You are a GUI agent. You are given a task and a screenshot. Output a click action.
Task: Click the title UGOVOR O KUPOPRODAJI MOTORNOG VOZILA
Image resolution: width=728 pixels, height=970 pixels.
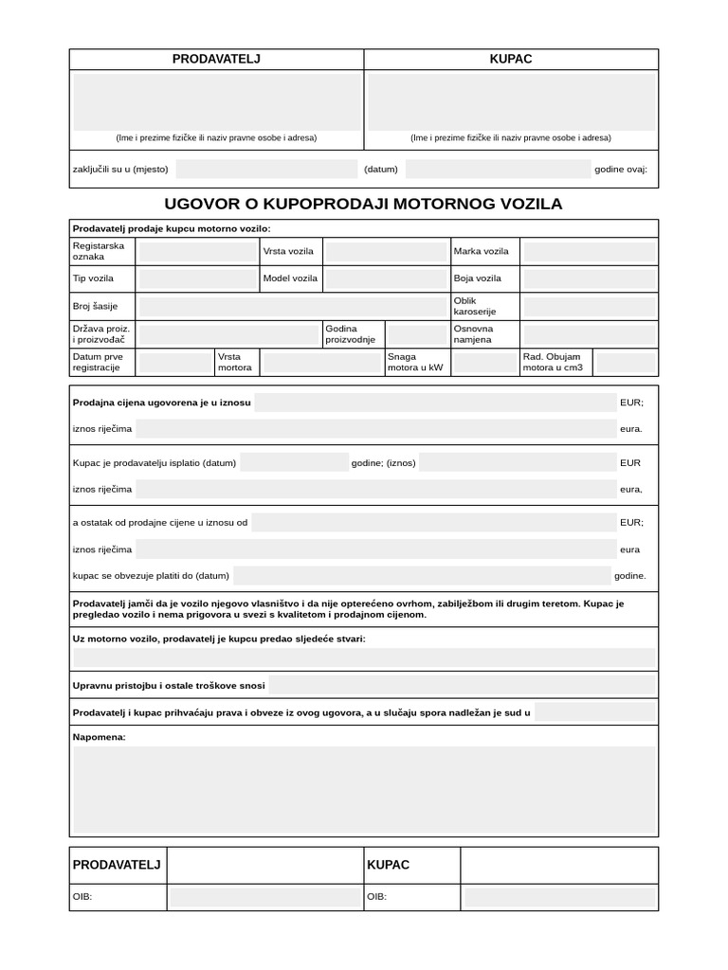[x=363, y=204]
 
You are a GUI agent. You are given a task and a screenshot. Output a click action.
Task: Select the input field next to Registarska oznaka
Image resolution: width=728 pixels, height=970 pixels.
[x=196, y=252]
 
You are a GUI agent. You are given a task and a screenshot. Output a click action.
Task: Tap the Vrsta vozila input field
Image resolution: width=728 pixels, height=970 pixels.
[x=385, y=252]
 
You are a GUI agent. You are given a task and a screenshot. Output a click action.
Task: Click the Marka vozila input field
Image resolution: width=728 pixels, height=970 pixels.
[x=589, y=252]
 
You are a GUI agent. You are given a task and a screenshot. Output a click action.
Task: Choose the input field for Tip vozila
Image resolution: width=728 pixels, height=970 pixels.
[x=196, y=279]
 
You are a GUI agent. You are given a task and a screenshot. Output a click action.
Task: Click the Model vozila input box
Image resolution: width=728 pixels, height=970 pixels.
[x=385, y=279]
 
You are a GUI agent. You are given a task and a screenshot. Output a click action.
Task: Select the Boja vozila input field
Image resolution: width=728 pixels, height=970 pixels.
[x=589, y=279]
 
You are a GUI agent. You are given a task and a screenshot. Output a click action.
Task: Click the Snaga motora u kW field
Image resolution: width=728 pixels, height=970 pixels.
[x=483, y=363]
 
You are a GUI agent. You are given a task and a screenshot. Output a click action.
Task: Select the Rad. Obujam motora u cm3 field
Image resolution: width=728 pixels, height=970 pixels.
[x=624, y=363]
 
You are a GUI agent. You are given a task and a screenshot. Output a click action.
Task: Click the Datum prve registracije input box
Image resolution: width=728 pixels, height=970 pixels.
[x=175, y=363]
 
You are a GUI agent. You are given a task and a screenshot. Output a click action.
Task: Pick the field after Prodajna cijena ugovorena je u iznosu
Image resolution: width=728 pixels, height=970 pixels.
[x=435, y=403]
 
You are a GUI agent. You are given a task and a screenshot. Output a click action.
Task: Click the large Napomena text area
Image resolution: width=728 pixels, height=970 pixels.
[x=364, y=789]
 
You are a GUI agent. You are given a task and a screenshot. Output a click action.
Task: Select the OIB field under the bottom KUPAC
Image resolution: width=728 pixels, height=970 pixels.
[x=559, y=897]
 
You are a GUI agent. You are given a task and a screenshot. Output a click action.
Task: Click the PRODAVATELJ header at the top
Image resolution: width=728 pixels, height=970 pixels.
[x=216, y=59]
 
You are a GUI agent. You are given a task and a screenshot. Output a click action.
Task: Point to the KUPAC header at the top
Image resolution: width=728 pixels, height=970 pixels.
[x=511, y=59]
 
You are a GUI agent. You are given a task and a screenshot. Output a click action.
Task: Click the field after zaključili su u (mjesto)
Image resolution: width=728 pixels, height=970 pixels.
[x=266, y=170]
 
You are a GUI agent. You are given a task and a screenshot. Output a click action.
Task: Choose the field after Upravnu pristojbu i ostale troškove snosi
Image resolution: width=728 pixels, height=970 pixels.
[x=462, y=685]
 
